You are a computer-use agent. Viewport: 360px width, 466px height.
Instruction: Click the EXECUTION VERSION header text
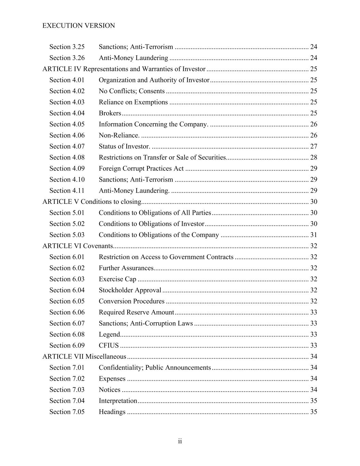click(x=78, y=26)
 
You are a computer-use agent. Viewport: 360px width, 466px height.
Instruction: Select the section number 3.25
click(x=67, y=47)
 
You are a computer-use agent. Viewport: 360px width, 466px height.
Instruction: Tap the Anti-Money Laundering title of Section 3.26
click(x=133, y=58)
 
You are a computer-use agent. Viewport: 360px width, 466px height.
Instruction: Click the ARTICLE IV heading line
click(x=124, y=69)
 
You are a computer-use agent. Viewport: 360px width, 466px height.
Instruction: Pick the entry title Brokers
click(x=110, y=113)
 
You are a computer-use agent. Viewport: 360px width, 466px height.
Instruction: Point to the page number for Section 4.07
click(x=314, y=146)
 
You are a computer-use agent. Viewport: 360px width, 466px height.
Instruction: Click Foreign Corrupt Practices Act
click(x=141, y=168)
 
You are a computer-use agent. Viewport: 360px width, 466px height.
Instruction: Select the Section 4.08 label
click(x=67, y=157)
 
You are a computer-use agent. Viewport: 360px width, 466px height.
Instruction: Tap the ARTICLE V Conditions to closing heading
click(x=91, y=202)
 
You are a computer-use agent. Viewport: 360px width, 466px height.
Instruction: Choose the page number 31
click(x=314, y=235)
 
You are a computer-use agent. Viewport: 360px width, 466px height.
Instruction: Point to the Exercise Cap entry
click(x=117, y=279)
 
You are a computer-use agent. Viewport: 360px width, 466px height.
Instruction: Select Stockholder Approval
click(x=130, y=290)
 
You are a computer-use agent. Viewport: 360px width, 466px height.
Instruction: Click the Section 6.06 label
click(x=67, y=312)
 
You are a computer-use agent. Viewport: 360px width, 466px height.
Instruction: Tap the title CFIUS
click(x=109, y=345)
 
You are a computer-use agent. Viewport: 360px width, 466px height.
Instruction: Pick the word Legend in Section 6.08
click(x=109, y=335)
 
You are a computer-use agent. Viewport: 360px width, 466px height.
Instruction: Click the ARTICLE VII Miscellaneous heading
click(x=84, y=357)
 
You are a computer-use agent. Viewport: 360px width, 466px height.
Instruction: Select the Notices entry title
click(x=109, y=390)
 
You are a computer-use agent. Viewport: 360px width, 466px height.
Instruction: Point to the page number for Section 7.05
click(x=314, y=412)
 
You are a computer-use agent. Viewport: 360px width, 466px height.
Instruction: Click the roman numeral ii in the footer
click(x=180, y=441)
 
